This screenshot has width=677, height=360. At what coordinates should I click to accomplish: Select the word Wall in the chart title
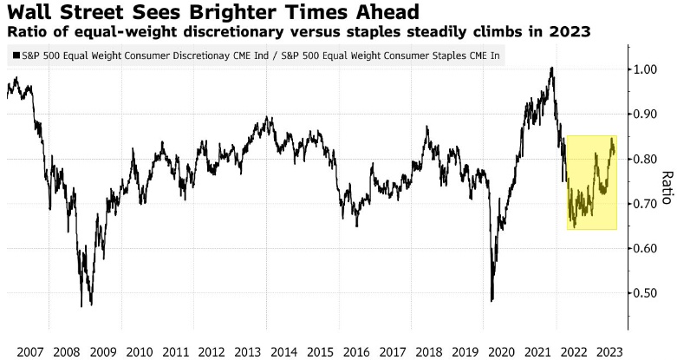click(25, 12)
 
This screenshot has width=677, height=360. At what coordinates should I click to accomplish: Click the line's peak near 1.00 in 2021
click(551, 68)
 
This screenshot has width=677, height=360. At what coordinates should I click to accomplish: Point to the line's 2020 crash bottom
click(491, 301)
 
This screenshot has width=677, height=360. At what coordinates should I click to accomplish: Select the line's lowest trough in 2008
click(81, 305)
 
